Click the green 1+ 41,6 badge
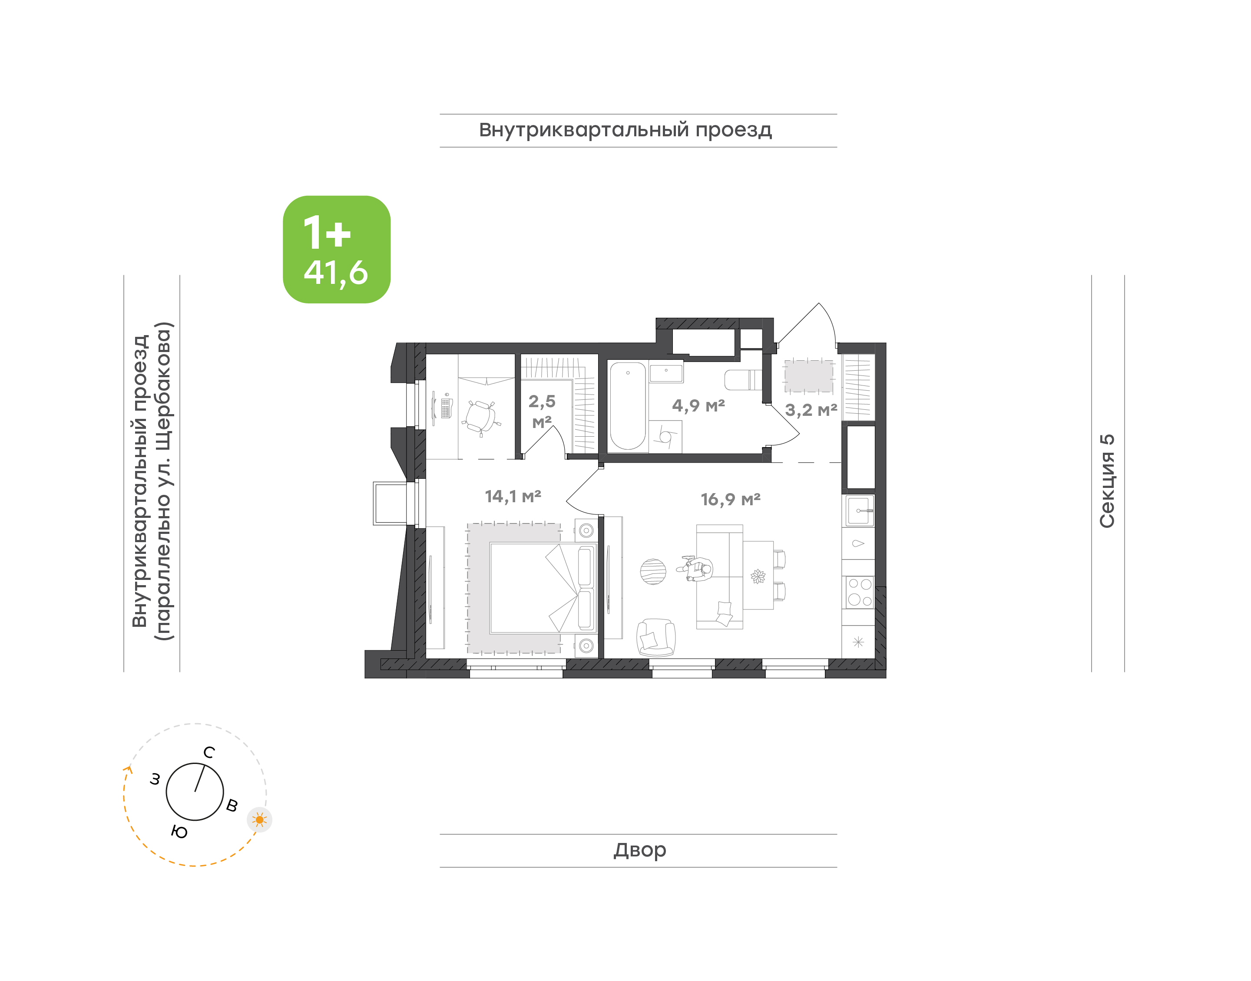(x=336, y=249)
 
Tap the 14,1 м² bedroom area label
(x=513, y=496)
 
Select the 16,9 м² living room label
(x=730, y=500)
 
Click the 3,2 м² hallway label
(x=811, y=411)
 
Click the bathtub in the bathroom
(x=628, y=405)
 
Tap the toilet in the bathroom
(x=744, y=380)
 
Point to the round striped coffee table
(x=653, y=572)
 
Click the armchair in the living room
(x=655, y=638)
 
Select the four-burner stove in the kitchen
(x=859, y=592)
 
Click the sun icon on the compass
(x=260, y=820)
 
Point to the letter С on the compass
(x=209, y=752)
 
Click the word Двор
(x=639, y=850)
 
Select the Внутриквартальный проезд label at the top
(x=626, y=130)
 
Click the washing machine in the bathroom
(x=665, y=437)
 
